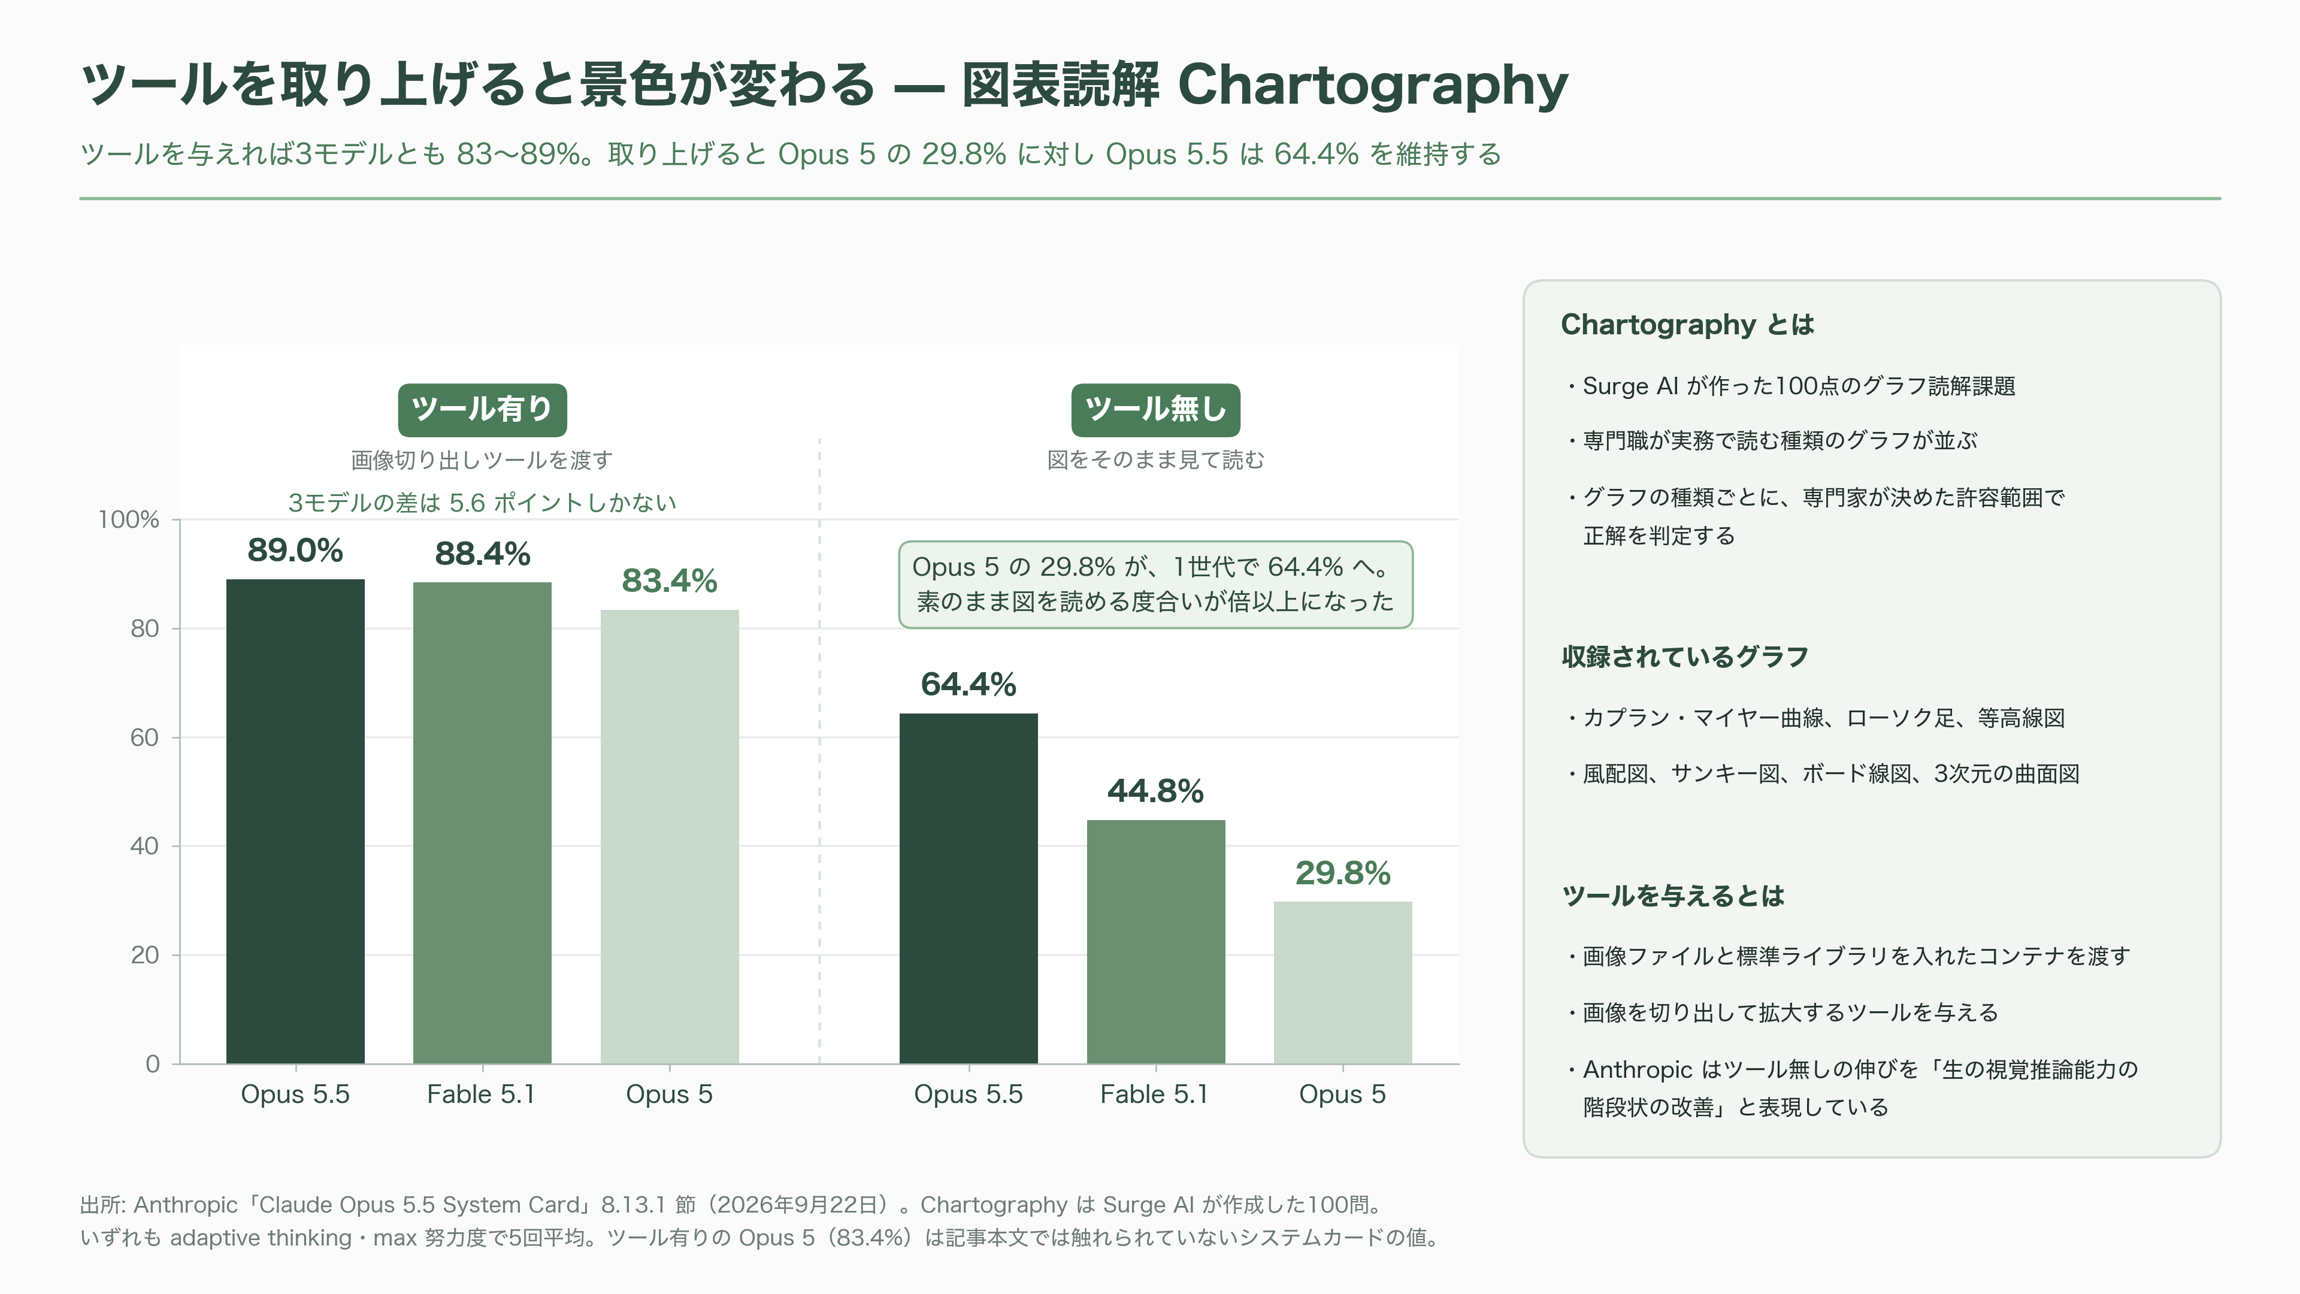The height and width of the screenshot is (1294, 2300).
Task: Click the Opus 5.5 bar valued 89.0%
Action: (x=295, y=821)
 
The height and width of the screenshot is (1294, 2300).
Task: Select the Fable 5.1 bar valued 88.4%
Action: (x=482, y=823)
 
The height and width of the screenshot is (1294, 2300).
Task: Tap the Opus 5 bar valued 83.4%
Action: (x=670, y=837)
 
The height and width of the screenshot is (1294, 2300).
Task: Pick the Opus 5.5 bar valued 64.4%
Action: (x=969, y=888)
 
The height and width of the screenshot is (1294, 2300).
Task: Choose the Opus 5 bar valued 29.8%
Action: (x=1343, y=982)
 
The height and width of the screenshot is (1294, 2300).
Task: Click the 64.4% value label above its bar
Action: (x=969, y=684)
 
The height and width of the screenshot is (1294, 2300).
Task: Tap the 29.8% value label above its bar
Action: (x=1343, y=872)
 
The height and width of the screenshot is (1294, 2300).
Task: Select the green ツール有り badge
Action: (x=482, y=410)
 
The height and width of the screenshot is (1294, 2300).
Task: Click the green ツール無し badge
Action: (x=1155, y=410)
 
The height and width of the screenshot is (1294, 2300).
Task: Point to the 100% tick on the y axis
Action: (x=129, y=520)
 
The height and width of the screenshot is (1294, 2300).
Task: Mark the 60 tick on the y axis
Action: (x=144, y=737)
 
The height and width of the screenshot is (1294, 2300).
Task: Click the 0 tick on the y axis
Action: (x=153, y=1063)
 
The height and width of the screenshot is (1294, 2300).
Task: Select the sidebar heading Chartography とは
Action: (x=1687, y=324)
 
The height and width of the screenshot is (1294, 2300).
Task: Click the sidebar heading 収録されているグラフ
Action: (x=1685, y=657)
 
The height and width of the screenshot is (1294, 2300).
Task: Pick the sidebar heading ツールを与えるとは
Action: (x=1673, y=896)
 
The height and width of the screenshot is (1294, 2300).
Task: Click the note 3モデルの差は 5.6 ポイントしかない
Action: (x=482, y=503)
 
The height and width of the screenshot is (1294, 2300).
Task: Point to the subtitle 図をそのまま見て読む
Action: (x=1155, y=460)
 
